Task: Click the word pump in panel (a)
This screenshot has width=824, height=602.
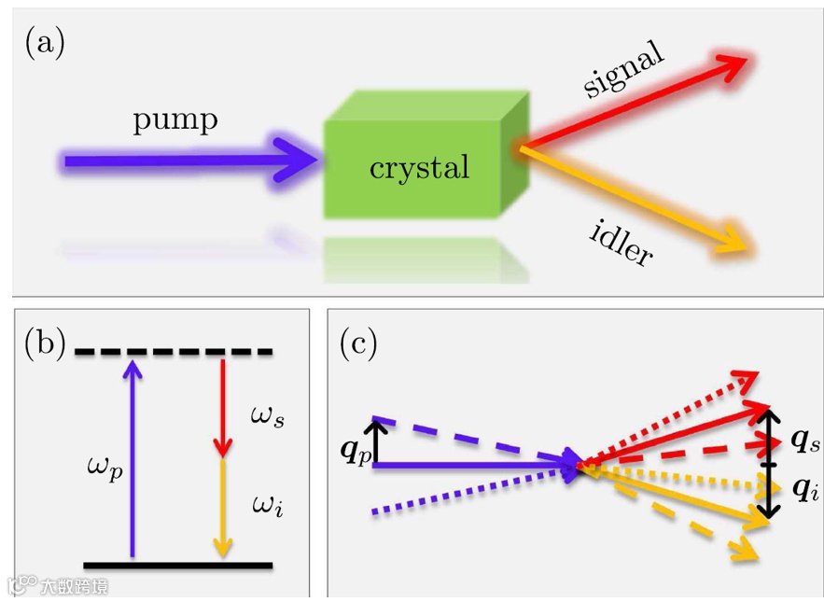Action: point(175,120)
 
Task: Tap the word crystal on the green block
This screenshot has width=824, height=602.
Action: point(419,168)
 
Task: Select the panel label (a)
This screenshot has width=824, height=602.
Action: point(45,44)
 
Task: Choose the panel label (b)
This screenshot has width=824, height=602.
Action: point(45,343)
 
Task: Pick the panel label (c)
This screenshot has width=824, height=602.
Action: point(357,343)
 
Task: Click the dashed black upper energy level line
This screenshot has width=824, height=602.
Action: point(174,352)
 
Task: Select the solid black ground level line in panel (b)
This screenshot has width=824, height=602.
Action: point(177,565)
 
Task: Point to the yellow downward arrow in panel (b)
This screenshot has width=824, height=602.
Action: point(222,509)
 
